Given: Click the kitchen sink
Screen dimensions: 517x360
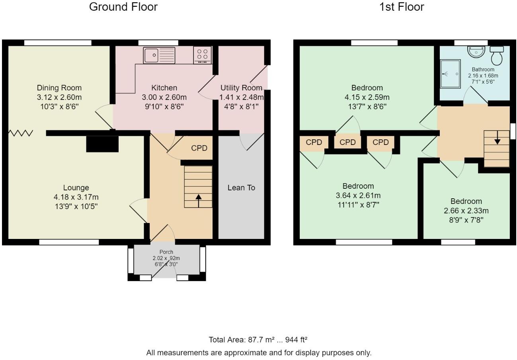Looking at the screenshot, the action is pyautogui.click(x=159, y=55).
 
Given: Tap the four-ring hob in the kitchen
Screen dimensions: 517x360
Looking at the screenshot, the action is pyautogui.click(x=203, y=55).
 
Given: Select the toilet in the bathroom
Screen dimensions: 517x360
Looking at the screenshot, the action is pyautogui.click(x=497, y=55).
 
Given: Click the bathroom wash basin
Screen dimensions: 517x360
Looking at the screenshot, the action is pyautogui.click(x=476, y=51).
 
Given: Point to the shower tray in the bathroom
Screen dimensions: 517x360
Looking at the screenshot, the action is pyautogui.click(x=450, y=74).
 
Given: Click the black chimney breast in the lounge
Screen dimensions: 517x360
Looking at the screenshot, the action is pyautogui.click(x=102, y=144).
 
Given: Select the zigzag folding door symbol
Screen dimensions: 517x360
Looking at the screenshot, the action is pyautogui.click(x=21, y=133).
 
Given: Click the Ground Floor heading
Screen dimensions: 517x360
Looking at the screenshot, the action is pyautogui.click(x=123, y=7).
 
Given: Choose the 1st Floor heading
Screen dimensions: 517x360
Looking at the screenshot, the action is pyautogui.click(x=402, y=7).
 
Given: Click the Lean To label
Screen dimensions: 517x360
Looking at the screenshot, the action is pyautogui.click(x=241, y=188).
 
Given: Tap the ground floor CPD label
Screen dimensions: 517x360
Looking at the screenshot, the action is pyautogui.click(x=199, y=148).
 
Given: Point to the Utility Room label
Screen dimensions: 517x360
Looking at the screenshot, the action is pyautogui.click(x=241, y=88).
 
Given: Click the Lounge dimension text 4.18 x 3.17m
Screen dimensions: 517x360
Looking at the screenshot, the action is pyautogui.click(x=76, y=197).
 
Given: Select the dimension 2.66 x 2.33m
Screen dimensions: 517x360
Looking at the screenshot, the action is pyautogui.click(x=466, y=211).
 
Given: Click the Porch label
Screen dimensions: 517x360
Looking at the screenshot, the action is pyautogui.click(x=166, y=252).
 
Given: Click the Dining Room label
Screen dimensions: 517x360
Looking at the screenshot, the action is pyautogui.click(x=59, y=88).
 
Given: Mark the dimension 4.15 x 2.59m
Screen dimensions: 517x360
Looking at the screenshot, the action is pyautogui.click(x=367, y=97).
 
